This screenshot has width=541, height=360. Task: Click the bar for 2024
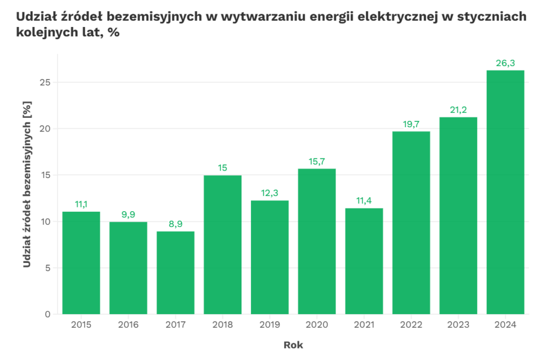pyautogui.click(x=505, y=192)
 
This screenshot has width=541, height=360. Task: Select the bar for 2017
pyautogui.click(x=175, y=272)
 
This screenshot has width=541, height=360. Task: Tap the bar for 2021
pyautogui.click(x=363, y=261)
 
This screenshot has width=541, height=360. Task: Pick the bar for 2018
pyautogui.click(x=222, y=244)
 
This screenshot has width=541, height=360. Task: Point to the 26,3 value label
pyautogui.click(x=505, y=63)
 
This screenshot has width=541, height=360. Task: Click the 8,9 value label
pyautogui.click(x=175, y=224)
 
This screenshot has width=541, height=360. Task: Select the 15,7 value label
pyautogui.click(x=316, y=162)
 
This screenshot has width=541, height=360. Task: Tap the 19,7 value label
pyautogui.click(x=411, y=125)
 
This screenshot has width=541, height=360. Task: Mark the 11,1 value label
pyautogui.click(x=81, y=205)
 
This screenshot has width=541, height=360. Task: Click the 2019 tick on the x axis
pyautogui.click(x=269, y=325)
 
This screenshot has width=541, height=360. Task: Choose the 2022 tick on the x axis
pyautogui.click(x=411, y=325)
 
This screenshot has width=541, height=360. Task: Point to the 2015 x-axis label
pyautogui.click(x=81, y=325)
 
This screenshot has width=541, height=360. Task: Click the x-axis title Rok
pyautogui.click(x=293, y=345)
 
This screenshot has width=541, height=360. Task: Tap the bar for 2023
pyautogui.click(x=458, y=215)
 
